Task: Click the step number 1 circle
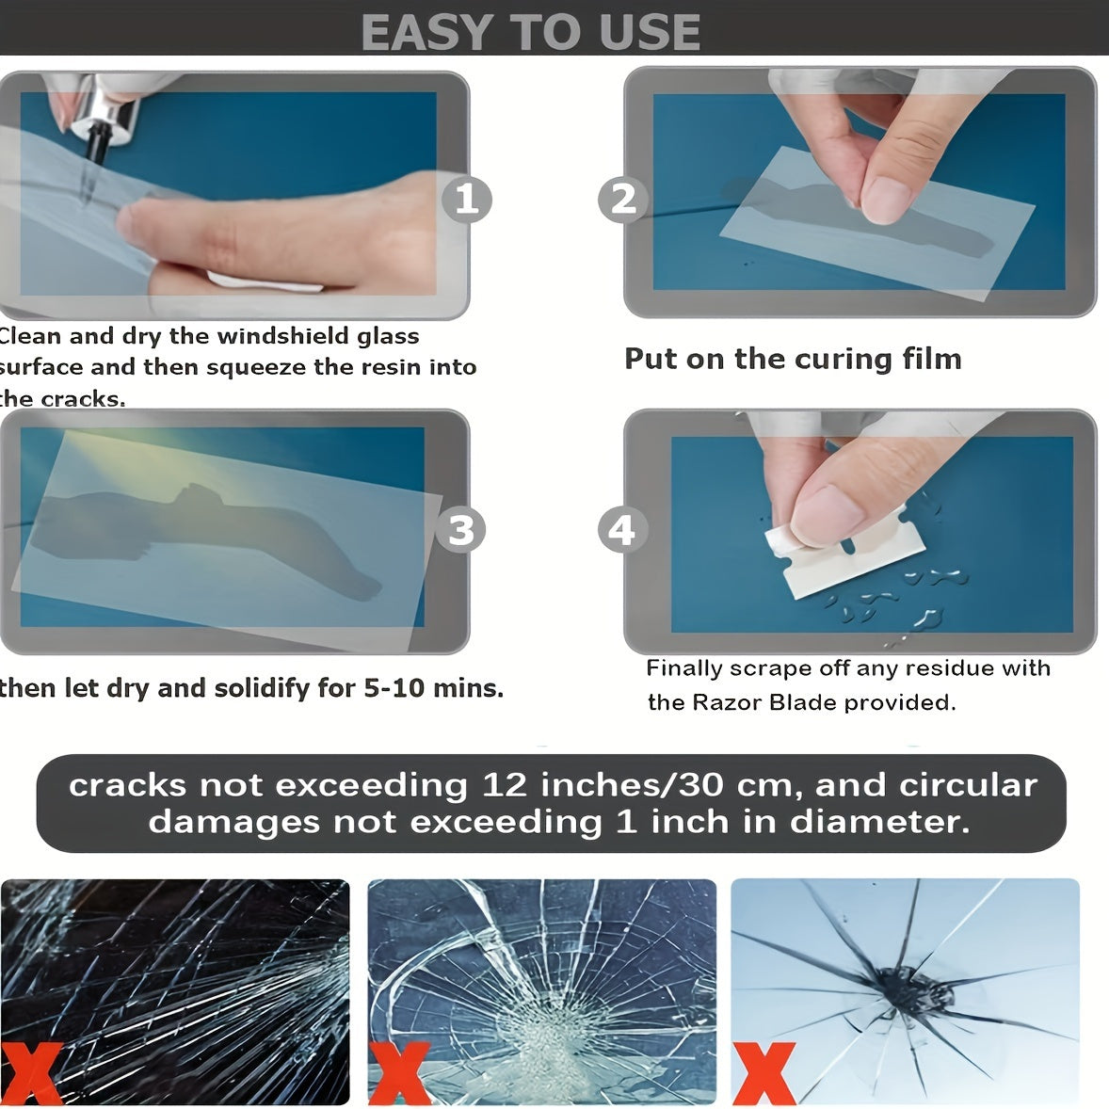467,200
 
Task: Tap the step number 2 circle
623,200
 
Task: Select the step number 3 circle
461,530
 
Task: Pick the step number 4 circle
622,531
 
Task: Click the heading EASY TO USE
530,32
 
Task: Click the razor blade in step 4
847,560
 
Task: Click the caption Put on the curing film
793,359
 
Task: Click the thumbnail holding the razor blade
828,508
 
